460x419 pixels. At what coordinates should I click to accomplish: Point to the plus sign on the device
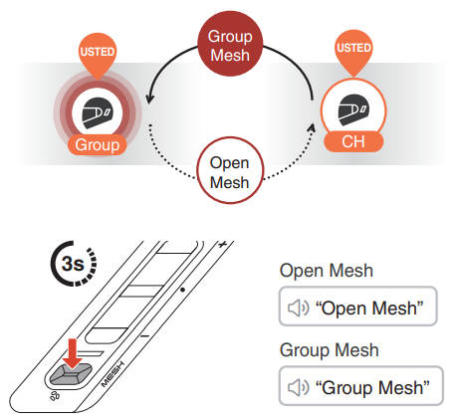tap(224, 242)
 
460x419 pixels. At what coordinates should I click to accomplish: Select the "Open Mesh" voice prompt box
tap(359, 310)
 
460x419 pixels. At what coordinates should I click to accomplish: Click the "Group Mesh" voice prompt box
tap(359, 386)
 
